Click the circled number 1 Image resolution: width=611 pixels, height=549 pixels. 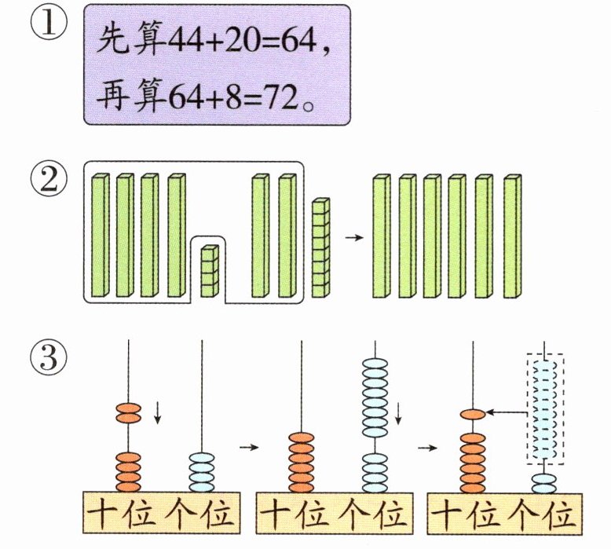tap(49, 22)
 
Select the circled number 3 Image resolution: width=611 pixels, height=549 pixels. tap(49, 357)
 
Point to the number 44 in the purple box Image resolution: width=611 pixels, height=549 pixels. tap(185, 41)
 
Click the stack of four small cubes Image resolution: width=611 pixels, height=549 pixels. tap(210, 271)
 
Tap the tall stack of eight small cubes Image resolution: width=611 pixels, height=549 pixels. tap(320, 248)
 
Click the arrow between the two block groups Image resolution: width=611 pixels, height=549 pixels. tap(354, 238)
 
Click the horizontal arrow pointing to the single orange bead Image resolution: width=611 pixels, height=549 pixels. tap(506, 412)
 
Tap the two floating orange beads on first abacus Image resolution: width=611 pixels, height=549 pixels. tap(129, 413)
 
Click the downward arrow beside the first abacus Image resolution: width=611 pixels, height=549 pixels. tap(157, 413)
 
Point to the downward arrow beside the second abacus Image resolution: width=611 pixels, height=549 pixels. tap(398, 414)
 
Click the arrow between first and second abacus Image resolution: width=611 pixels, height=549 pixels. tap(249, 447)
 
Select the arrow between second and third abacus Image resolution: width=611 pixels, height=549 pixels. tap(427, 448)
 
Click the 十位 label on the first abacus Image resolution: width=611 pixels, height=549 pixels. tap(120, 514)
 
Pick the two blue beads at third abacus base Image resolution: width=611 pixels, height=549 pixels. tap(544, 484)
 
